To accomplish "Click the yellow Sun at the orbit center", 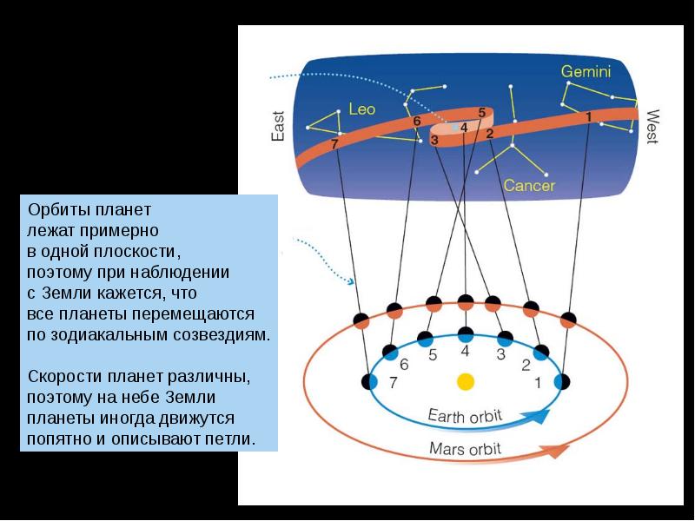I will click(x=466, y=381).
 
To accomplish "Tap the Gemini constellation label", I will click(x=586, y=71).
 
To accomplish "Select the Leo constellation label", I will click(x=361, y=109).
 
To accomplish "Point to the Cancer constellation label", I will click(x=529, y=185).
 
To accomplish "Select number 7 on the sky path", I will click(x=334, y=143).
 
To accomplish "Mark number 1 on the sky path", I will click(x=588, y=115).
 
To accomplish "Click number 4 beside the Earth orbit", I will click(x=465, y=351).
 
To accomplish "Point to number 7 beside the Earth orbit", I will click(x=393, y=382).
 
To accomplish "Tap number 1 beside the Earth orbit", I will click(x=537, y=381).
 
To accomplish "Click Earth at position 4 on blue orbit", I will click(x=466, y=333).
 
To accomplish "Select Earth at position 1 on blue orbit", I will click(x=562, y=380).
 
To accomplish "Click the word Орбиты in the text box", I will click(x=56, y=210).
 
